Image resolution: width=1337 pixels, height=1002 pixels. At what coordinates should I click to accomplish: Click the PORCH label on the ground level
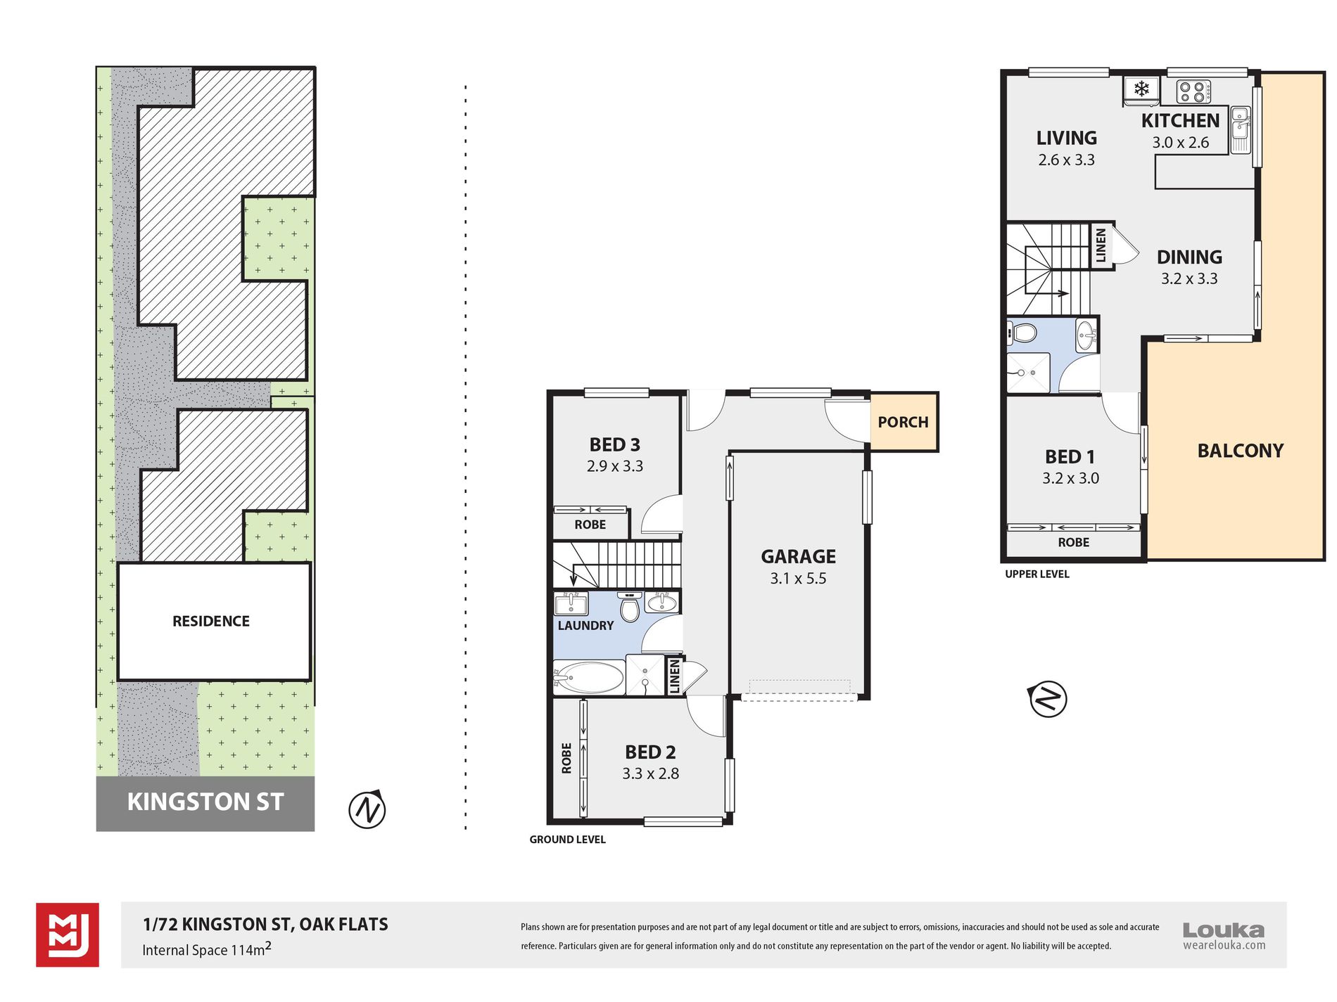[x=903, y=422]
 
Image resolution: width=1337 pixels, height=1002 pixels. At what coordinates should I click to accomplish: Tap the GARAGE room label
[x=798, y=557]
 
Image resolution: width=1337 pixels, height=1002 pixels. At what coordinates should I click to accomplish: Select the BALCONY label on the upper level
[x=1241, y=451]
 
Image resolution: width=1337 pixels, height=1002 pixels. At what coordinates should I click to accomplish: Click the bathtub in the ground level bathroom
[x=589, y=678]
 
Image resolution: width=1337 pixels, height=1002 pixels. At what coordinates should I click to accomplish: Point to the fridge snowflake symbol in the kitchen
[x=1141, y=89]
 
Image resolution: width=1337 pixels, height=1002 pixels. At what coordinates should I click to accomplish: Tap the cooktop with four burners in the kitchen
[x=1194, y=91]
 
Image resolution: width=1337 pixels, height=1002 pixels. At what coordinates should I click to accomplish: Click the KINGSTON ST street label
[x=205, y=802]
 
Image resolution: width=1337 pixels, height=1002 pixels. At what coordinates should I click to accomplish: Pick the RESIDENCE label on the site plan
[x=211, y=621]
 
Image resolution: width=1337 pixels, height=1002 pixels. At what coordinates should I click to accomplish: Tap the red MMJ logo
[x=68, y=935]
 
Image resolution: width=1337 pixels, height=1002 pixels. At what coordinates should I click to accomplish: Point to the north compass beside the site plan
[x=367, y=809]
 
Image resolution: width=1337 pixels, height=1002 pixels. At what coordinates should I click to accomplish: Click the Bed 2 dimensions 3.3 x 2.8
[x=650, y=774]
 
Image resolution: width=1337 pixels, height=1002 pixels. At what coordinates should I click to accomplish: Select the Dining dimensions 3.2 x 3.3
[x=1189, y=278]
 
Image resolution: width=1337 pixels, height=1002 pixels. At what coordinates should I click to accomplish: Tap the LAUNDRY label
[x=585, y=625]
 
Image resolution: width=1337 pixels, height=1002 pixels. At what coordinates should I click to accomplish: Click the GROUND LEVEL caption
[x=567, y=840]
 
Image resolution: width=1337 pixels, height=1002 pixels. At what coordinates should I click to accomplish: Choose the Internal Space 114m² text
[x=207, y=949]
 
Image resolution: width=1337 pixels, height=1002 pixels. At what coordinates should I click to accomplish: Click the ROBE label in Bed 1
[x=1073, y=542]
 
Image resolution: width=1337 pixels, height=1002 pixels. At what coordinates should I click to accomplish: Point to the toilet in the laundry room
[x=630, y=606]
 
